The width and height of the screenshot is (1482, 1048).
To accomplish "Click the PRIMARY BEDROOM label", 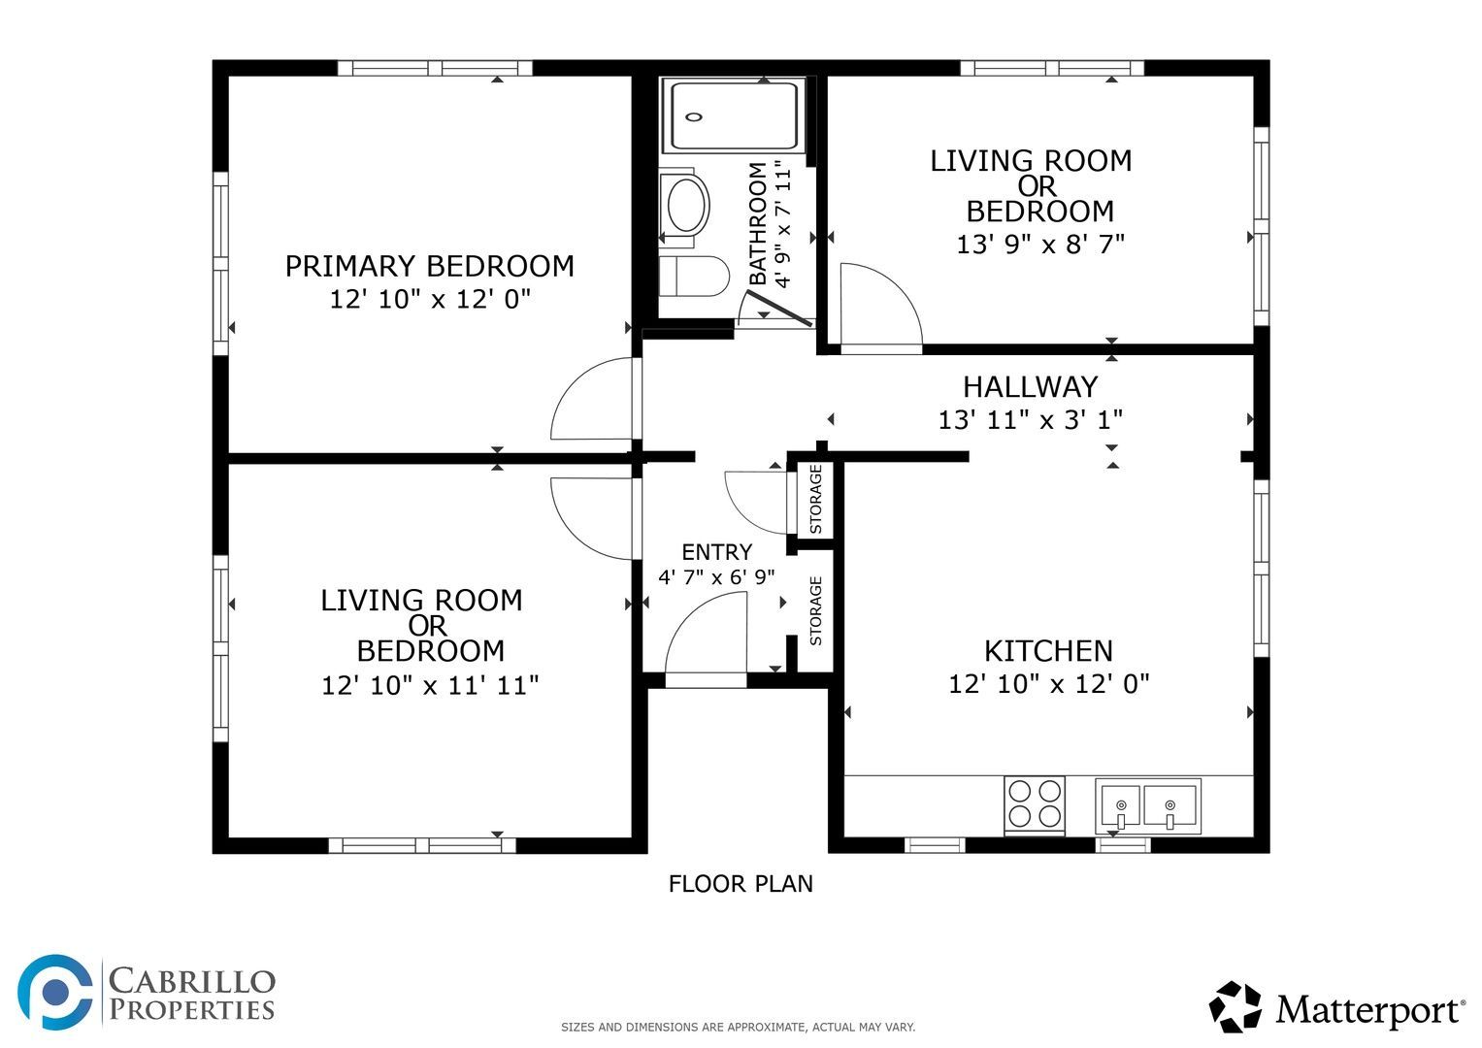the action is click(x=429, y=266).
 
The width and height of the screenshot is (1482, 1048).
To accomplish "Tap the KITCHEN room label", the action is click(x=1048, y=651).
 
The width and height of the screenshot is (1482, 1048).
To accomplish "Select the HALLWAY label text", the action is click(x=1030, y=387).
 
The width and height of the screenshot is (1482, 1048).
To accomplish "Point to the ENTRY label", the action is click(x=716, y=552).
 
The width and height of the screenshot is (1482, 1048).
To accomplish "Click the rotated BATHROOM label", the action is click(x=758, y=223).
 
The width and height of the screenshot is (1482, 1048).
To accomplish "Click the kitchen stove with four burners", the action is click(x=1034, y=805).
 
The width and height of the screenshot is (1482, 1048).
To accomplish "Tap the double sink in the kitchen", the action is click(x=1148, y=806).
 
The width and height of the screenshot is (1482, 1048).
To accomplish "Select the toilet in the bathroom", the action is click(x=694, y=277).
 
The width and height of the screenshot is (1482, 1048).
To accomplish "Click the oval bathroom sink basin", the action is click(x=688, y=205).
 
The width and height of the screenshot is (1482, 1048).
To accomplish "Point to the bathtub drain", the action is click(x=693, y=117).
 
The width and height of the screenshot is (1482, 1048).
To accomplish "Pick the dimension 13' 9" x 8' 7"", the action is click(x=1040, y=245).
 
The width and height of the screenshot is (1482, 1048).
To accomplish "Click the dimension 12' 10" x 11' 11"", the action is click(x=430, y=685).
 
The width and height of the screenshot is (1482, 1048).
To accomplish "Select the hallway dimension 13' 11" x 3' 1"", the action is click(x=1031, y=419).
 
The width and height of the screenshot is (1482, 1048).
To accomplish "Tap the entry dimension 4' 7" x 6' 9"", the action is click(x=716, y=577).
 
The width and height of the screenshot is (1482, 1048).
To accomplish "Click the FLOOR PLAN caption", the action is click(x=741, y=884).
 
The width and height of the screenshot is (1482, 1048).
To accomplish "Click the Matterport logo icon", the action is click(x=1235, y=1007).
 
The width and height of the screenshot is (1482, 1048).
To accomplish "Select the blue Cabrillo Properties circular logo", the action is click(x=54, y=992).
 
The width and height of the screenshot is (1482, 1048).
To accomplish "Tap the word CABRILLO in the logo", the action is click(x=192, y=981).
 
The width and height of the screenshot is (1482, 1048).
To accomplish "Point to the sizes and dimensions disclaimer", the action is click(x=739, y=1028).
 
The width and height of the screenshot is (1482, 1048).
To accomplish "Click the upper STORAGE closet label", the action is click(x=816, y=500).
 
